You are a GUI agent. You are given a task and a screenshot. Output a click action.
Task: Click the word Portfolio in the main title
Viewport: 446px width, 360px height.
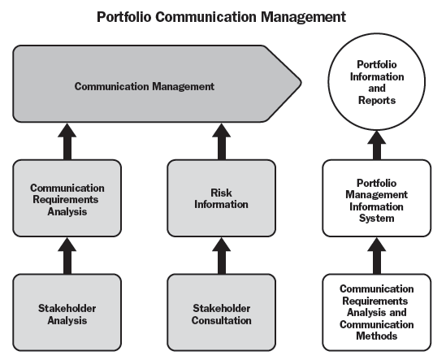tap(124, 17)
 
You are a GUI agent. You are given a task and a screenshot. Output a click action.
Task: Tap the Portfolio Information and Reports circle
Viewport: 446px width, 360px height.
tap(377, 82)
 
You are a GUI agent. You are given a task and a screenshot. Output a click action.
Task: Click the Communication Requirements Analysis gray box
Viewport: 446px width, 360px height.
tap(67, 198)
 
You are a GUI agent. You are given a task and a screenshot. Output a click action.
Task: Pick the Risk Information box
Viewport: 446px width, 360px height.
tap(221, 198)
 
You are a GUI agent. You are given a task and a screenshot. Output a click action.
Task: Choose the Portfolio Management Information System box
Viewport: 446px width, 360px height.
tap(377, 198)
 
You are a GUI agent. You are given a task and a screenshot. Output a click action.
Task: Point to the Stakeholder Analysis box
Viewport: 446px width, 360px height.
tap(67, 313)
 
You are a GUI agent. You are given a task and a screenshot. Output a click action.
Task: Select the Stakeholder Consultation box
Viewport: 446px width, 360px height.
tap(221, 313)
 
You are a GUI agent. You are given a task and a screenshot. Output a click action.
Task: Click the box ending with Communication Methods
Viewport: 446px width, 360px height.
tap(377, 313)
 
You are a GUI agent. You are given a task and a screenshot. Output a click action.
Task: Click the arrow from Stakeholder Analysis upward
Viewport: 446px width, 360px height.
tap(67, 255)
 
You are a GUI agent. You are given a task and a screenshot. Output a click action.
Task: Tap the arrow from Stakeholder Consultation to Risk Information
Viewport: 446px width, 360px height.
tap(221, 255)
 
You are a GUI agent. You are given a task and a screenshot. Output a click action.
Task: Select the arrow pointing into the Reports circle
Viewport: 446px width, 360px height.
tap(377, 145)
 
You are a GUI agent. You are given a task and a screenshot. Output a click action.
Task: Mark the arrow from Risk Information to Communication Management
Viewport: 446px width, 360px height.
tap(221, 141)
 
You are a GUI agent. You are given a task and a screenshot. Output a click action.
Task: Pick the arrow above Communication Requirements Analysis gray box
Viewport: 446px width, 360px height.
tap(67, 141)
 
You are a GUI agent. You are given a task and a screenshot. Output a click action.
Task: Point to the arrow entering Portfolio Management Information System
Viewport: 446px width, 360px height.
tap(377, 255)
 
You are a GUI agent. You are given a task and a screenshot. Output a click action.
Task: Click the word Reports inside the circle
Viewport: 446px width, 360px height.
tap(377, 101)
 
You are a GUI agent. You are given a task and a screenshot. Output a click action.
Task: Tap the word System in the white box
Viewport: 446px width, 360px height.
tap(377, 219)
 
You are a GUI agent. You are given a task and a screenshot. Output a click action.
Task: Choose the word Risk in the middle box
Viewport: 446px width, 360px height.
tap(221, 193)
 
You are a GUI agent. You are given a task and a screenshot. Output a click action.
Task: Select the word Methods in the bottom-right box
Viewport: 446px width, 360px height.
tap(377, 336)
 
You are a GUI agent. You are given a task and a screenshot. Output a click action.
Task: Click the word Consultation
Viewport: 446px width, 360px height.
tap(221, 320)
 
